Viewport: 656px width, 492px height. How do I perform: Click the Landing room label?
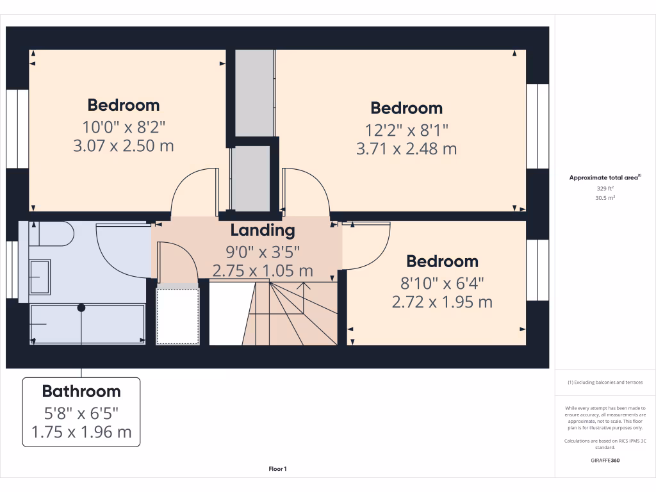tap(263, 230)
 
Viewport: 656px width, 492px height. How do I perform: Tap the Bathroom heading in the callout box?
tap(81, 391)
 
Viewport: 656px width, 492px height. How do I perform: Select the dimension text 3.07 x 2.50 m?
tap(124, 145)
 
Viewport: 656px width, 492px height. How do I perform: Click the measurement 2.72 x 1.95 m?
tap(442, 301)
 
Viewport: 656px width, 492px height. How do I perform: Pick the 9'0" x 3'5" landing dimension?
tap(263, 251)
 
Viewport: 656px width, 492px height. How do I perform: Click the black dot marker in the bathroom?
tap(81, 307)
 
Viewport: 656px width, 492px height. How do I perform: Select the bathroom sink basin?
tap(40, 277)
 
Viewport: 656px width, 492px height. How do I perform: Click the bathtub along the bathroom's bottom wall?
tap(88, 324)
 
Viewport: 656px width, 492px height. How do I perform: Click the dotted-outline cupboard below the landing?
tap(178, 316)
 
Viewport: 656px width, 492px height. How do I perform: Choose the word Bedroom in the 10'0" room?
tap(124, 105)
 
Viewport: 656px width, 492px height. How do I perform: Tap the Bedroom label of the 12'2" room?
tap(407, 108)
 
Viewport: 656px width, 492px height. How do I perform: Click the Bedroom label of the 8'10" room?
tap(442, 261)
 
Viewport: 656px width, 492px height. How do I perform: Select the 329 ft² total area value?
tap(605, 189)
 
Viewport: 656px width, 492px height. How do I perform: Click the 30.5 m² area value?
tap(605, 199)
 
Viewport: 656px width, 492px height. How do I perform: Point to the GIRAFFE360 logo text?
tap(605, 460)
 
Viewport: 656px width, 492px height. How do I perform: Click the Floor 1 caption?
tap(277, 470)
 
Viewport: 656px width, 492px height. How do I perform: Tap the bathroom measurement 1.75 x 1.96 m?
tap(81, 432)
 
